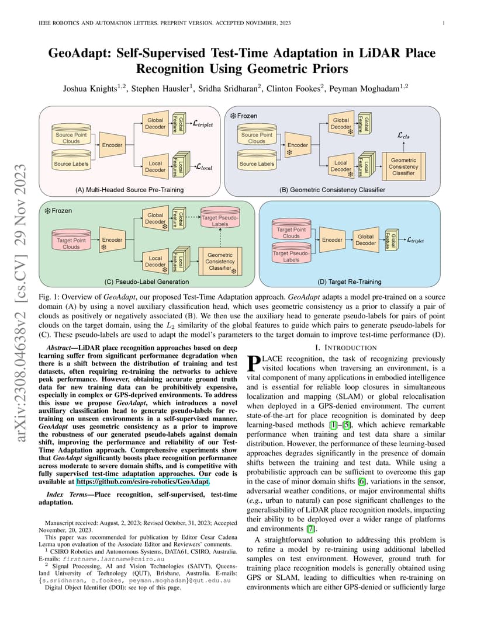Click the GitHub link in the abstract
[143, 482]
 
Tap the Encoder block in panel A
[112, 145]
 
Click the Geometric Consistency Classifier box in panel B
[403, 166]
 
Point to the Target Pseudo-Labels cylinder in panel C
[220, 217]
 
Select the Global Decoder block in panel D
[365, 240]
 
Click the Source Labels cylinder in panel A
[71, 162]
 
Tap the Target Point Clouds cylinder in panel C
[71, 241]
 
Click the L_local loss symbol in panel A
[204, 167]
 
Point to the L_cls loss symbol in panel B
[403, 135]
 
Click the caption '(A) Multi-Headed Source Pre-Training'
[130, 190]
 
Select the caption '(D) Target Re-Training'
[350, 281]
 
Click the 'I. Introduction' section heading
[345, 347]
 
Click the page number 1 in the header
[444, 23]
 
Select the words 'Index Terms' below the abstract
[66, 494]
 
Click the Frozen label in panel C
[59, 210]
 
